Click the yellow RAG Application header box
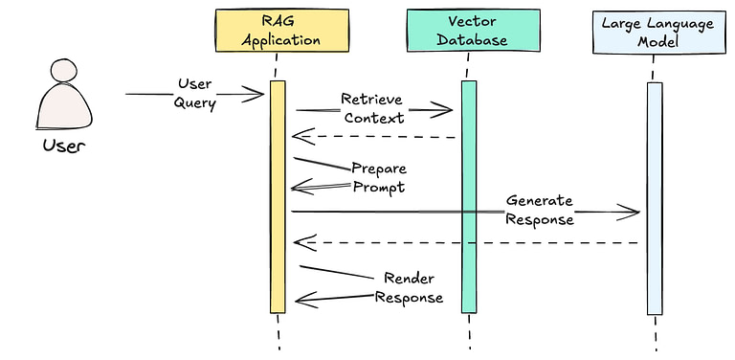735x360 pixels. point(279,30)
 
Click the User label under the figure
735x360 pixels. point(63,146)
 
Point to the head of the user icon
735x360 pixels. point(65,73)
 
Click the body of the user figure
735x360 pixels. point(64,108)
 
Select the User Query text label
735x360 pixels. point(195,94)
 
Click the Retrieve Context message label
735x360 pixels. point(373,109)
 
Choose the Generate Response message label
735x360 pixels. point(540,210)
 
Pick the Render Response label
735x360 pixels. point(410,288)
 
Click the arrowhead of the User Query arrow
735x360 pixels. point(255,94)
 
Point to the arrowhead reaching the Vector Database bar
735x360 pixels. point(442,110)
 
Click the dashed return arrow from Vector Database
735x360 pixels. point(373,136)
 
